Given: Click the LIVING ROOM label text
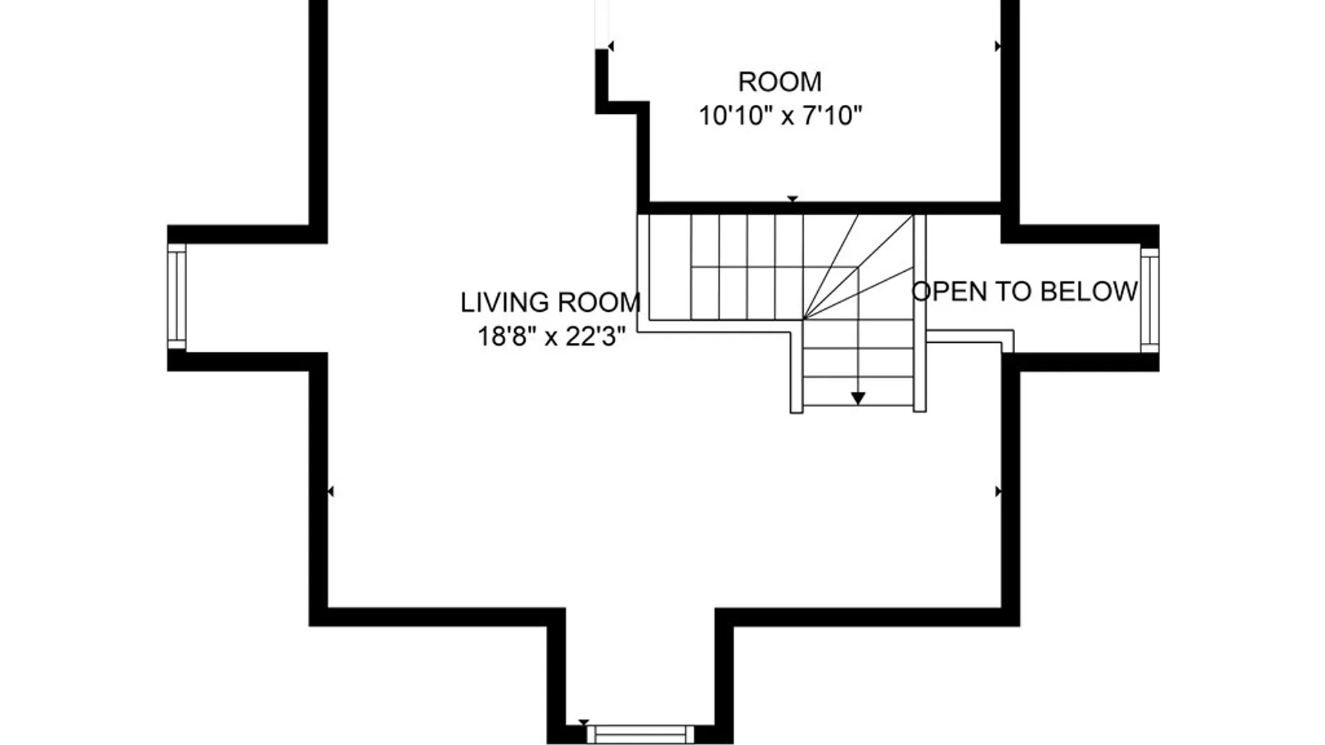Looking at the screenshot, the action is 551,302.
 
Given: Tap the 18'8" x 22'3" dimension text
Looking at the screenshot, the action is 551,337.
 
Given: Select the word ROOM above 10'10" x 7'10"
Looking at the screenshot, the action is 780,82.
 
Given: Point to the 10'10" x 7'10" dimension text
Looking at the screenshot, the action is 781,115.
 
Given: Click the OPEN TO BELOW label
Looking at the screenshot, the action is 1025,291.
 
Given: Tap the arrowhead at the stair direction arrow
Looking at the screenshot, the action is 858,398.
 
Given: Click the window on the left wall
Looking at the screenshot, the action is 177,297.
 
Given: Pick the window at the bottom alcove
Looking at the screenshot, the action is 640,734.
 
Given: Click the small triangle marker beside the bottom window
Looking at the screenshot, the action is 584,723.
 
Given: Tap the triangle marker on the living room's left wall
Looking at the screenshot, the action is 331,491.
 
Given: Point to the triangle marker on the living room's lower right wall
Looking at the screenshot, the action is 998,491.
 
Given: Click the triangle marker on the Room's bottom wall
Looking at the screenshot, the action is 792,199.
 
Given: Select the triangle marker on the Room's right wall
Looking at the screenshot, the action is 998,46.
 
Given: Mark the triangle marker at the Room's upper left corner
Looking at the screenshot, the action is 611,46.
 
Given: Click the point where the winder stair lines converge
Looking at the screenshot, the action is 803,319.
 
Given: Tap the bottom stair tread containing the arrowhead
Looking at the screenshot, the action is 858,391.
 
